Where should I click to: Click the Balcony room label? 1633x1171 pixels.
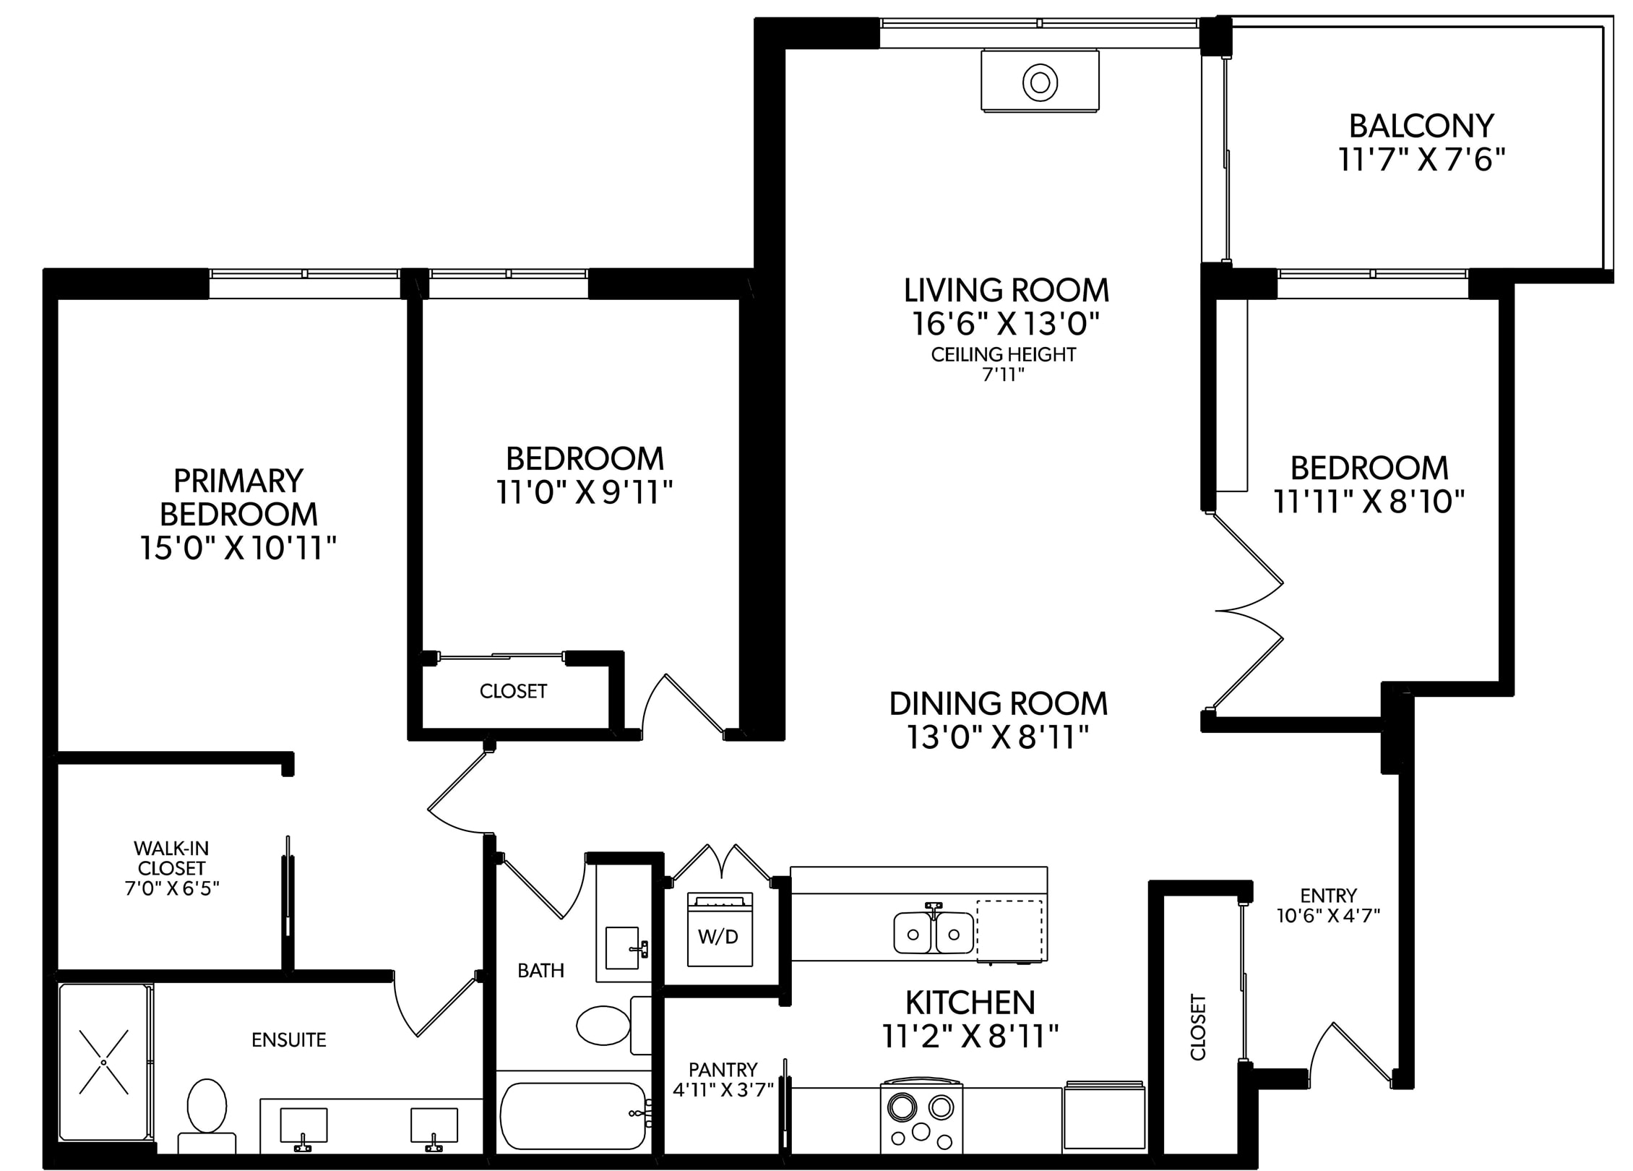pos(1421,126)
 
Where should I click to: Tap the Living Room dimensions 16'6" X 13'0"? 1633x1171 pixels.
pos(1006,324)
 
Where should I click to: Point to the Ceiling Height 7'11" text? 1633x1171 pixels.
pos(1004,364)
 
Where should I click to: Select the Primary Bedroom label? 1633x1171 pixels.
pos(238,497)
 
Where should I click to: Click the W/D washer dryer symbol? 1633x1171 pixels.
pos(719,930)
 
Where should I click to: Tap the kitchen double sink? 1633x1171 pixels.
pos(934,932)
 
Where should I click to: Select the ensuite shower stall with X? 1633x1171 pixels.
pos(104,1061)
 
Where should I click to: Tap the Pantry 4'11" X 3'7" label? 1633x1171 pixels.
pos(723,1079)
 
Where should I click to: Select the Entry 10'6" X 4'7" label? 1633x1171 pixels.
pos(1328,906)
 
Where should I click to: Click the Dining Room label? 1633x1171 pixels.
pos(998,703)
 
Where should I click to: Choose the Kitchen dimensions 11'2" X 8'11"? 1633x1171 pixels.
pos(970,1038)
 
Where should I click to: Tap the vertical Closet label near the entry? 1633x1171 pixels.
pos(1198,1027)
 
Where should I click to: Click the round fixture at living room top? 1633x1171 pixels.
pos(1040,82)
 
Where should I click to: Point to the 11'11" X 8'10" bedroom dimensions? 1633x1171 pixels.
pos(1369,501)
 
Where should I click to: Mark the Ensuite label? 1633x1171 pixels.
pos(289,1039)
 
